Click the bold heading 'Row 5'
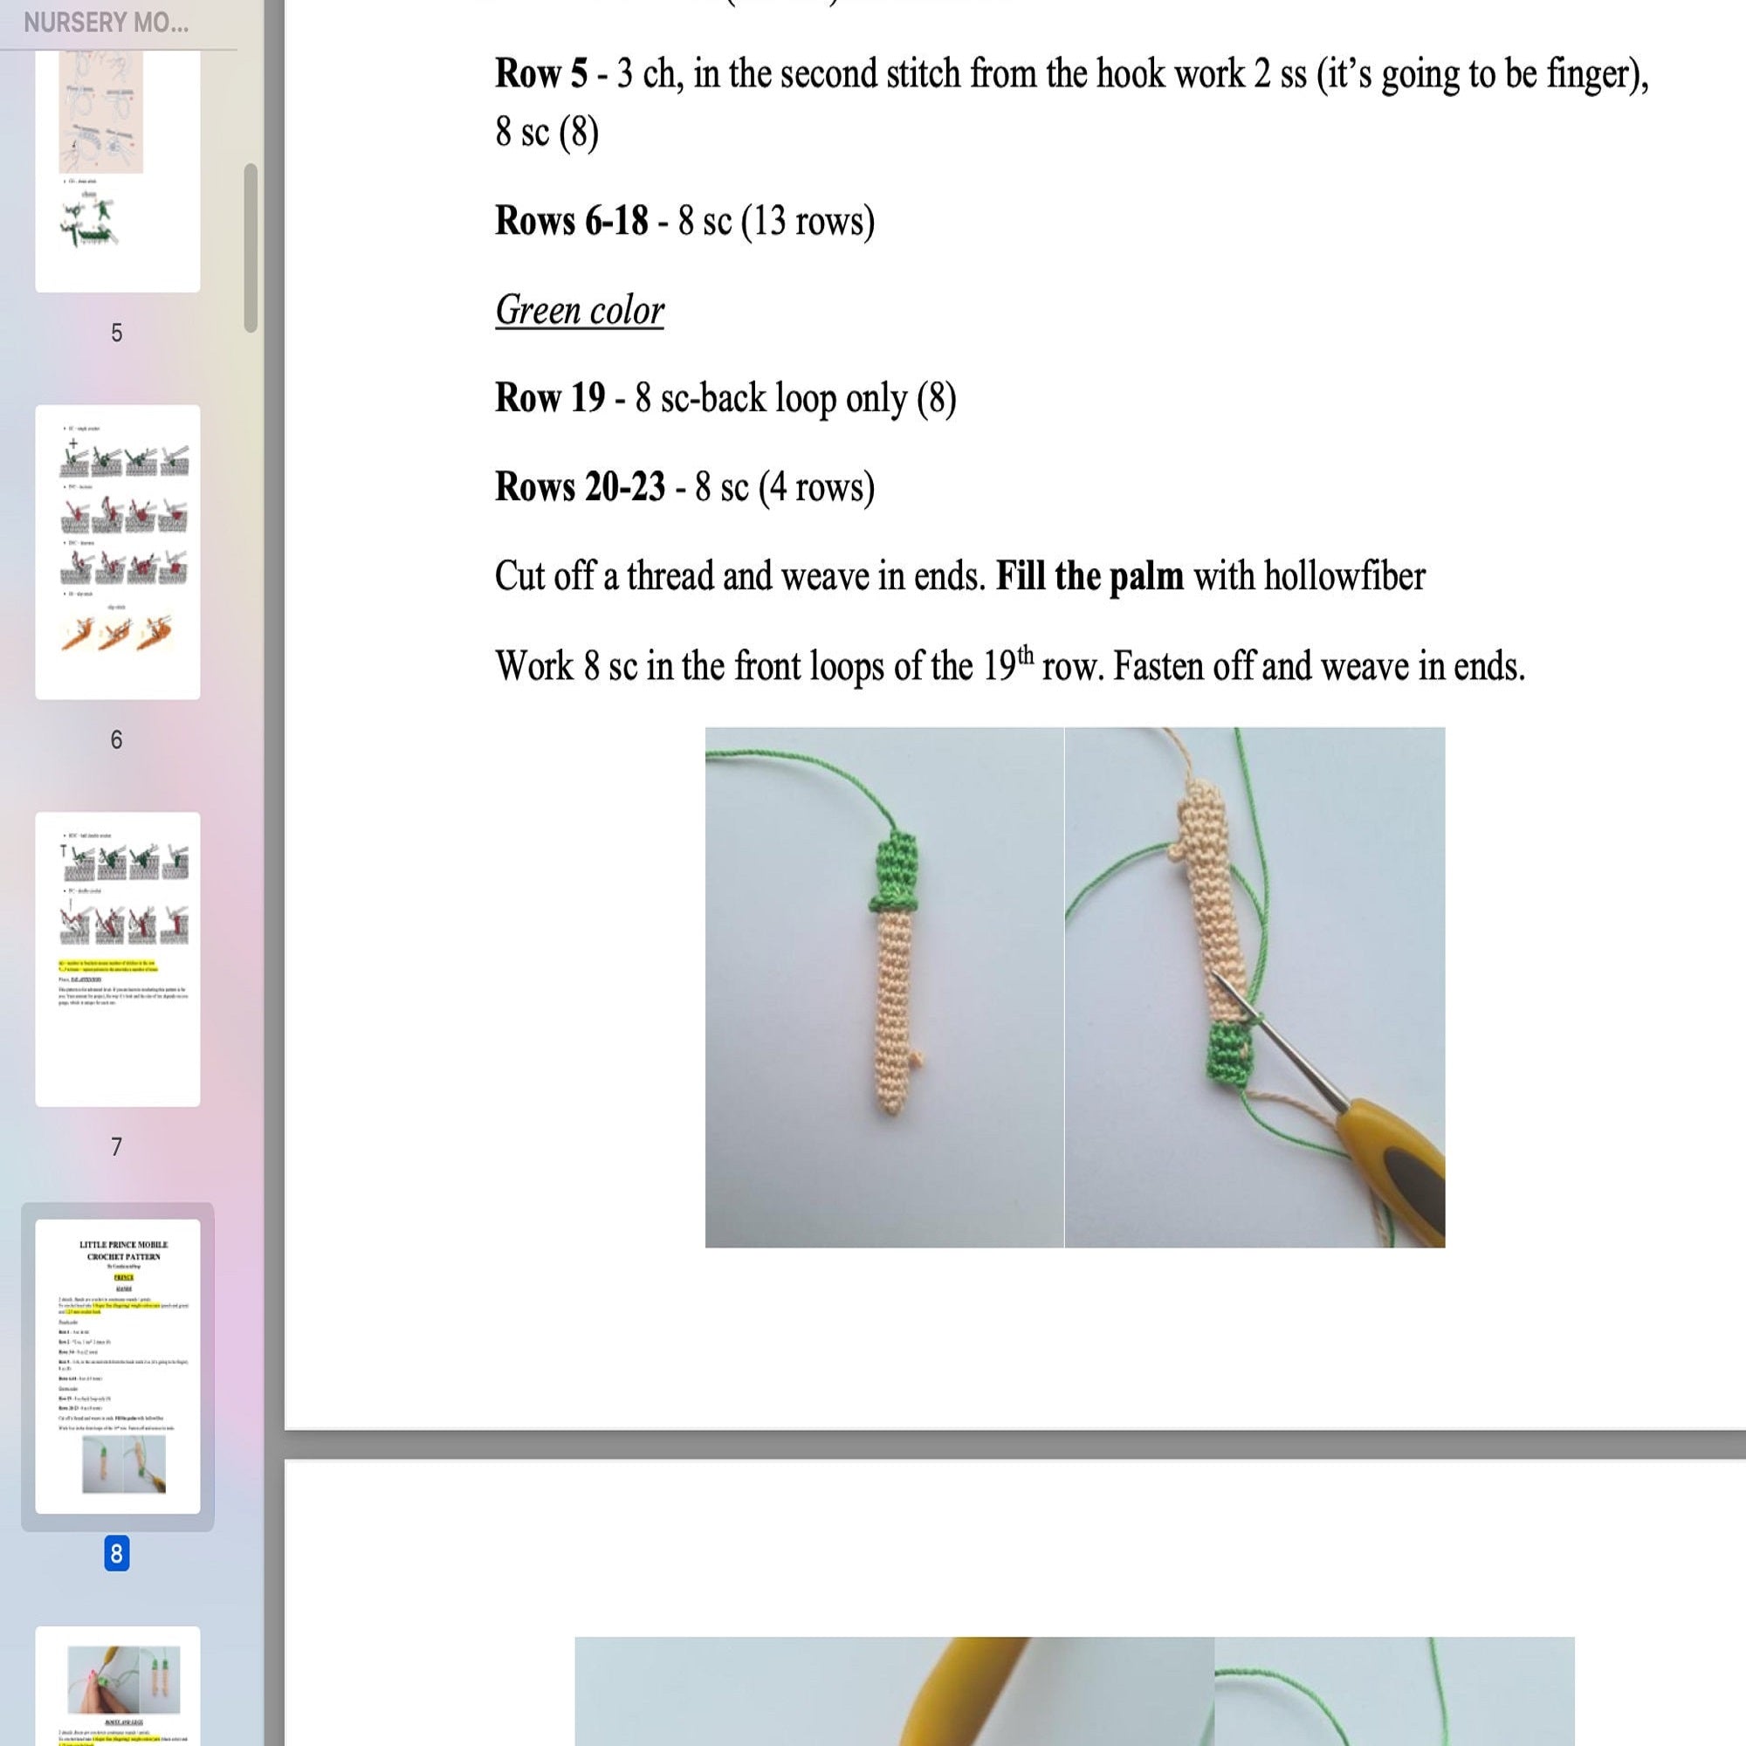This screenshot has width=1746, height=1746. tap(540, 74)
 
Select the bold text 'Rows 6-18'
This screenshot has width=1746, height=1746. tap(571, 222)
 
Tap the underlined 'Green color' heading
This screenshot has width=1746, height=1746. tap(580, 311)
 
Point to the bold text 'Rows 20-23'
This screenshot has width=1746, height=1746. tap(580, 488)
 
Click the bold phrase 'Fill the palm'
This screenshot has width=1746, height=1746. tap(1089, 576)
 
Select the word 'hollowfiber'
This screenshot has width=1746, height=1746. tap(1344, 576)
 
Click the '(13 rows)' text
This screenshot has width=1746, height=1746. tap(807, 222)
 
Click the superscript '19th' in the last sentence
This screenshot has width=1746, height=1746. tap(1007, 664)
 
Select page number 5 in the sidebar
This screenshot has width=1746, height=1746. tap(117, 333)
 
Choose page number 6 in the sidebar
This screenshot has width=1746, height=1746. tap(117, 739)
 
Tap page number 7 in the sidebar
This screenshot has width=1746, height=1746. tap(117, 1147)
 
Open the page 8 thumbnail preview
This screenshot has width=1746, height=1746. tap(118, 1365)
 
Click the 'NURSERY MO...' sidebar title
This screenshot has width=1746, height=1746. tap(106, 24)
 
